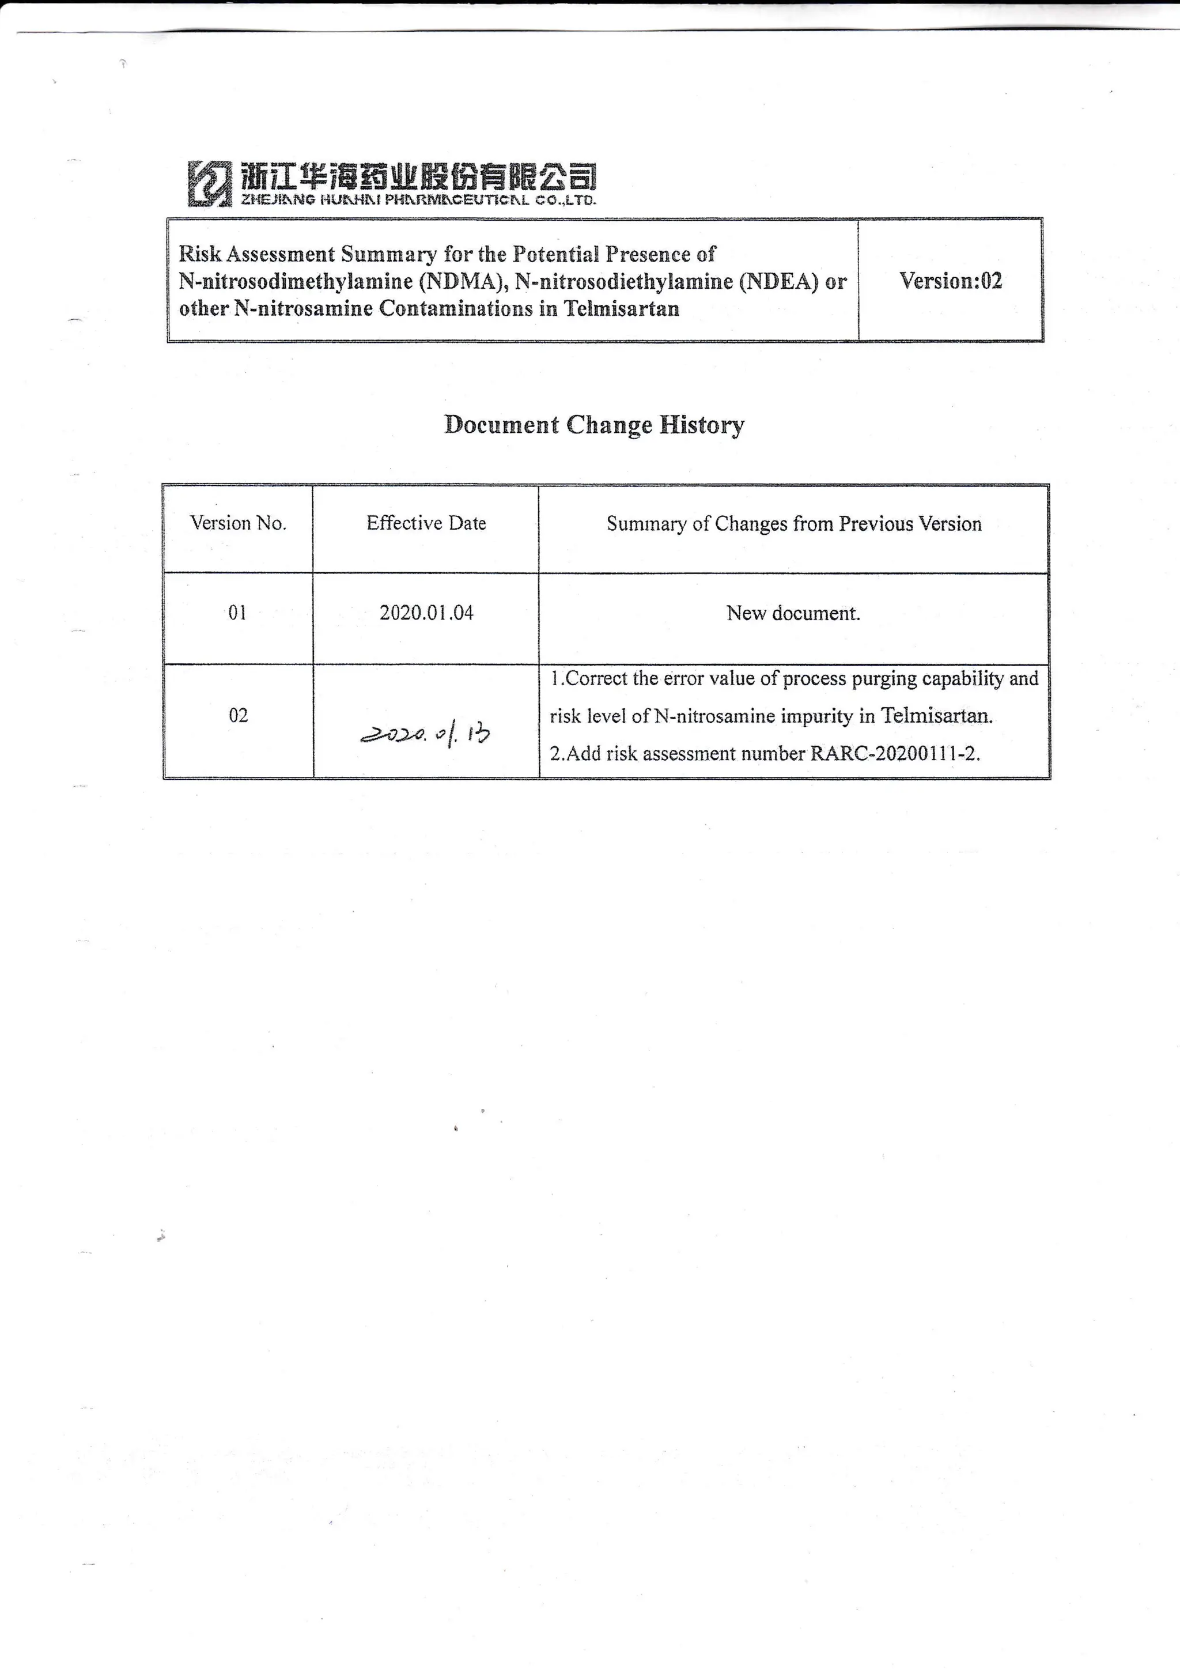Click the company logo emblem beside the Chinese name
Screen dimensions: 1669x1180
pyautogui.click(x=209, y=183)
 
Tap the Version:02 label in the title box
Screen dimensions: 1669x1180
pyautogui.click(x=950, y=281)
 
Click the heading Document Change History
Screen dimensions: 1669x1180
pyautogui.click(x=595, y=425)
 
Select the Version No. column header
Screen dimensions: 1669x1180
pyautogui.click(x=239, y=523)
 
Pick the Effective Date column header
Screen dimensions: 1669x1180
pyautogui.click(x=426, y=523)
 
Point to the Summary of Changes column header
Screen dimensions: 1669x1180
pyautogui.click(x=793, y=524)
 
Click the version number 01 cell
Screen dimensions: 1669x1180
pyautogui.click(x=237, y=613)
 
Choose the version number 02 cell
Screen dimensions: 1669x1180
pyautogui.click(x=239, y=716)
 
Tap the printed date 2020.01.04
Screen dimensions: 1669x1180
pyautogui.click(x=426, y=613)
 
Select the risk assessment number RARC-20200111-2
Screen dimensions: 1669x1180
pyautogui.click(x=894, y=754)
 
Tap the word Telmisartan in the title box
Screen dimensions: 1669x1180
pyautogui.click(x=622, y=309)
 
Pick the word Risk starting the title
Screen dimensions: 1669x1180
pyautogui.click(x=199, y=254)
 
